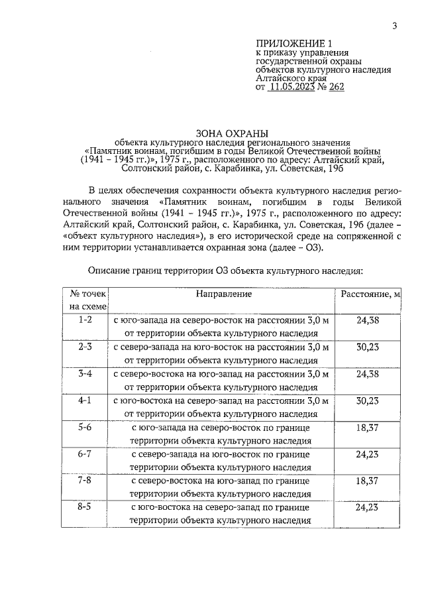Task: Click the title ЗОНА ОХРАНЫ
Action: pos(226,132)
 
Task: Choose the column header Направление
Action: pos(224,294)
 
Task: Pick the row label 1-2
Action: pos(85,320)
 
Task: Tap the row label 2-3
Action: pos(85,347)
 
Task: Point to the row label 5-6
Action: pos(85,428)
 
